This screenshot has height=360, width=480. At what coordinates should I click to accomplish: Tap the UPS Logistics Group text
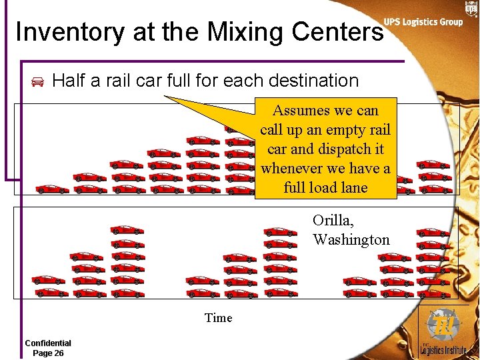[423, 22]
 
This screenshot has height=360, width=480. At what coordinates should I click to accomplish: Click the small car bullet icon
[38, 82]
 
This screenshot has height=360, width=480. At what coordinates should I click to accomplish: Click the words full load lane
[325, 188]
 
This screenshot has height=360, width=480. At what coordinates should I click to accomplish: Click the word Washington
[351, 240]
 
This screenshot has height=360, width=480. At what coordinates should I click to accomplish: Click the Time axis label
[219, 318]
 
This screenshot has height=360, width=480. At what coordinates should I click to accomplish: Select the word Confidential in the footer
[48, 343]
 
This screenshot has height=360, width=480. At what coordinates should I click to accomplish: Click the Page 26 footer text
[48, 353]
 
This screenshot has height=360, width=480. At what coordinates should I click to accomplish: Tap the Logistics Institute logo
[443, 333]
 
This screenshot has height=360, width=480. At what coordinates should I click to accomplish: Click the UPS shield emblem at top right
[472, 8]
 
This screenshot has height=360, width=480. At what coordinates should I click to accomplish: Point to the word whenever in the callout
[292, 169]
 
